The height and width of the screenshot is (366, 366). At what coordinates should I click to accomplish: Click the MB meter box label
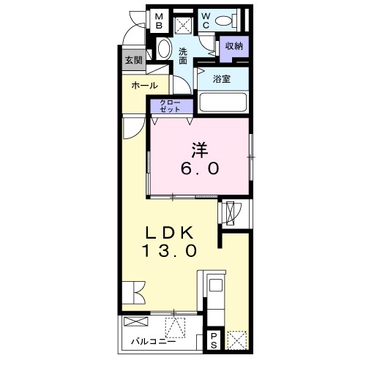click(x=159, y=21)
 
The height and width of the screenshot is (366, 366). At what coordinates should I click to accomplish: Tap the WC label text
click(x=206, y=21)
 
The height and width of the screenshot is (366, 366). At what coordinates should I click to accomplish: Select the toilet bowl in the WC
click(x=225, y=20)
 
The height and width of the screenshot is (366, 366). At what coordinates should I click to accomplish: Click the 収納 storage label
click(x=234, y=46)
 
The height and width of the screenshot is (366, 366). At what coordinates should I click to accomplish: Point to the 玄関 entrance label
click(x=134, y=60)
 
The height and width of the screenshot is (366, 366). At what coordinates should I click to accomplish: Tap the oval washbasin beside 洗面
click(x=164, y=48)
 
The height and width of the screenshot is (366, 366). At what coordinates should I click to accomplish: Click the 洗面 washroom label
click(x=183, y=56)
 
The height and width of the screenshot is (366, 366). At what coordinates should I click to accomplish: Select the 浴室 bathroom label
click(x=222, y=79)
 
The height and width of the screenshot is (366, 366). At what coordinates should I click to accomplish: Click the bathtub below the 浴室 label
click(x=223, y=102)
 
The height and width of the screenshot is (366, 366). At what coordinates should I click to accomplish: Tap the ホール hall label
click(x=145, y=86)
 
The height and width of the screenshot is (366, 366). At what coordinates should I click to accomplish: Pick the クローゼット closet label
click(x=170, y=106)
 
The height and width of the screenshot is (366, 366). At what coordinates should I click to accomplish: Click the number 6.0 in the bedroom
click(x=200, y=168)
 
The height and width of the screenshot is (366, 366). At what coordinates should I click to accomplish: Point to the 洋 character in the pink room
click(x=200, y=149)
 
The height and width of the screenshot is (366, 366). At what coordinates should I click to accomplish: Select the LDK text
click(x=170, y=233)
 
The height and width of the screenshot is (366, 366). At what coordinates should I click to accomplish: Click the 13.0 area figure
click(x=170, y=251)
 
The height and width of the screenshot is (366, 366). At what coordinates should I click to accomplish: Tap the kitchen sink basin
click(x=216, y=285)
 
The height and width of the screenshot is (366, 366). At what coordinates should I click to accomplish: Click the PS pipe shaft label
click(x=214, y=340)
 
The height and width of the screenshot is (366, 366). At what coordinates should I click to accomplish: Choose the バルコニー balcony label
click(x=154, y=341)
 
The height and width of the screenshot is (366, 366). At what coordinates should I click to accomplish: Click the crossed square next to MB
click(x=184, y=24)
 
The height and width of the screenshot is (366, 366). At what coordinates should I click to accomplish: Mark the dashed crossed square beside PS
click(x=236, y=340)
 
